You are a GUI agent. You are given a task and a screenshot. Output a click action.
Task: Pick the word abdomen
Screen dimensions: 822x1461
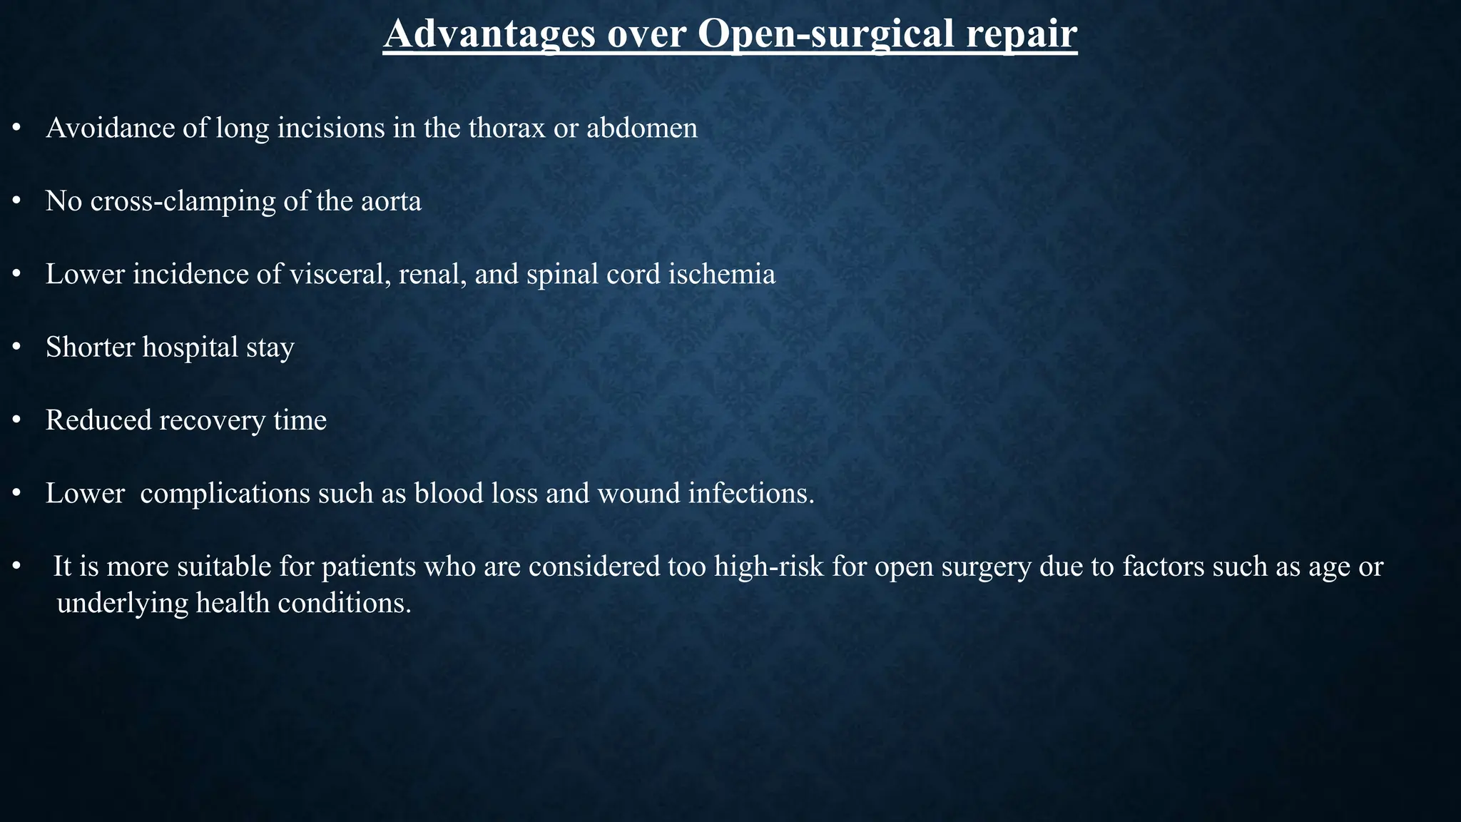click(x=642, y=128)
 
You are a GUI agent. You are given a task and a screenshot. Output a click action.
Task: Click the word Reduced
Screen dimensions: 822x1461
click(x=98, y=420)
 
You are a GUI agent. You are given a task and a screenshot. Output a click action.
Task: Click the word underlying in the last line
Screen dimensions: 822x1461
click(x=121, y=604)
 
